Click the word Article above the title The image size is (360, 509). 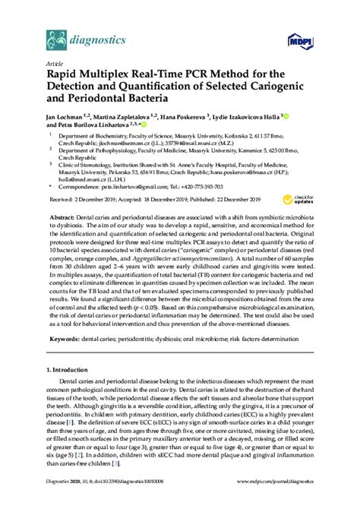(55, 65)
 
